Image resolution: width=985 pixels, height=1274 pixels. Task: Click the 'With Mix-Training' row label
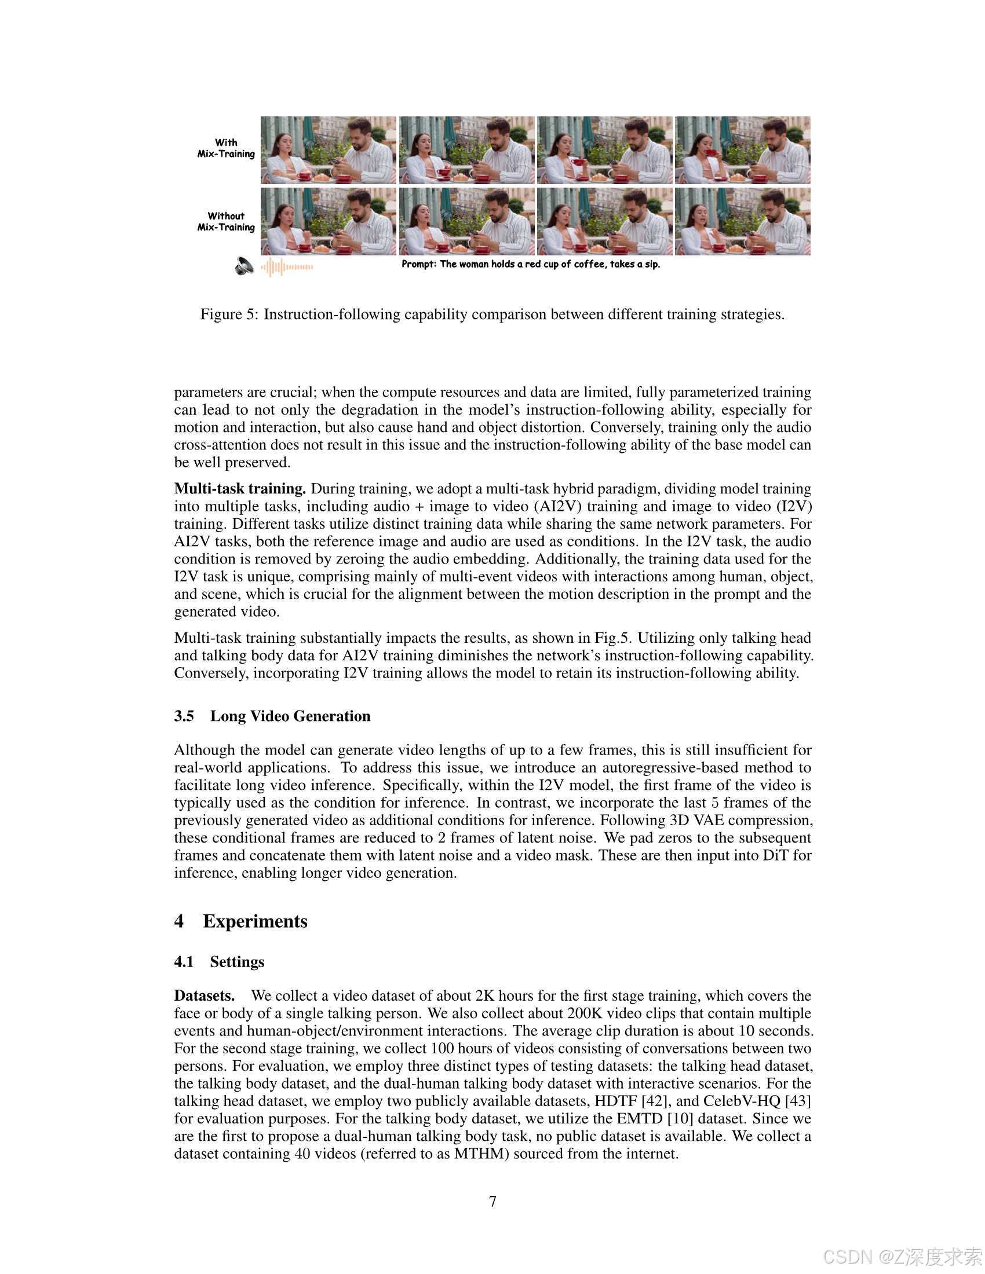point(226,148)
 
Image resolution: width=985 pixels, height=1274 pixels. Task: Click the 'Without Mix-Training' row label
point(226,222)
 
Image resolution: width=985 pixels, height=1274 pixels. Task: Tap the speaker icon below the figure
point(244,266)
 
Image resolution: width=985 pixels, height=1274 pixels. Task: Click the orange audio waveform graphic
point(286,267)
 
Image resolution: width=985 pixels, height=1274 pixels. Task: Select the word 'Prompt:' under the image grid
point(418,264)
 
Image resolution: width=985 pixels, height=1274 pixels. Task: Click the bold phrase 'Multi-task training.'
point(240,488)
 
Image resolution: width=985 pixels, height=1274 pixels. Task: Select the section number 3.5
point(184,716)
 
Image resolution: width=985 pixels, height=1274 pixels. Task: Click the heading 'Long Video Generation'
point(290,716)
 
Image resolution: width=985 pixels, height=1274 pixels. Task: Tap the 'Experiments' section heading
point(255,921)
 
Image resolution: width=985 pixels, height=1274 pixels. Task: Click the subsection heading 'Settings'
point(237,962)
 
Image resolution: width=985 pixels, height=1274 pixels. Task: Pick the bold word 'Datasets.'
point(204,996)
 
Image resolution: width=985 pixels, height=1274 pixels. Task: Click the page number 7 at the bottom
point(493,1201)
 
